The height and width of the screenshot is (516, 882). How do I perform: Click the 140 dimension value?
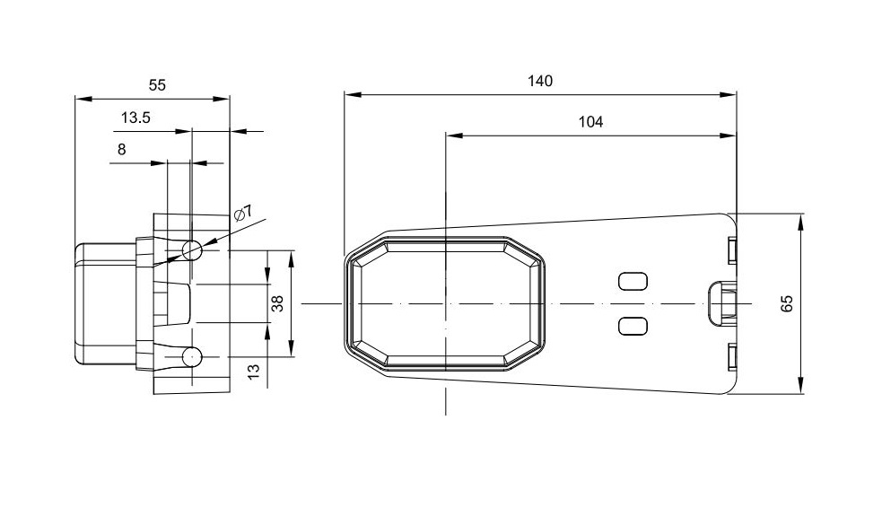tap(540, 81)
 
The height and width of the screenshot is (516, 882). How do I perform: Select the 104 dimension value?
tap(590, 121)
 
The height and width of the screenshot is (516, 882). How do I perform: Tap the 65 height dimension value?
tap(788, 303)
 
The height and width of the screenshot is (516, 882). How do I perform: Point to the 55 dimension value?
tap(158, 85)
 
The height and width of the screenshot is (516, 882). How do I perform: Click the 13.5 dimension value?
tap(135, 118)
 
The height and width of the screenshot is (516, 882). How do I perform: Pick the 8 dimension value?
tap(121, 149)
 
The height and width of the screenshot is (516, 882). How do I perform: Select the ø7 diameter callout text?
tap(243, 214)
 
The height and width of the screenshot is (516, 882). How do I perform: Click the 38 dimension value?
tap(277, 303)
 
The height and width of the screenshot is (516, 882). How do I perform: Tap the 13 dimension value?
tap(254, 371)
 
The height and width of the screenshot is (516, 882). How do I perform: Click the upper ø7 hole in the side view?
tap(192, 249)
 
